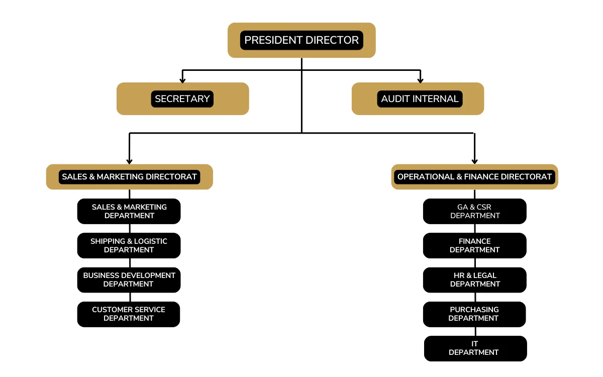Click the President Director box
click(301, 40)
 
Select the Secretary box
click(182, 99)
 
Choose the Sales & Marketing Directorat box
click(129, 177)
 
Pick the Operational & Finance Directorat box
click(474, 177)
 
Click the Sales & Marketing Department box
click(129, 211)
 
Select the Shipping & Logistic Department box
click(129, 245)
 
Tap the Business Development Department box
click(129, 279)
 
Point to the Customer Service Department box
click(129, 314)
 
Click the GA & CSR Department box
click(475, 211)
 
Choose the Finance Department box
click(475, 245)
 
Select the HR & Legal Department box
click(475, 279)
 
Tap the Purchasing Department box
click(474, 314)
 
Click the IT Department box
click(475, 348)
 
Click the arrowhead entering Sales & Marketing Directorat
click(129, 161)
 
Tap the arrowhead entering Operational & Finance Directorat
click(474, 161)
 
